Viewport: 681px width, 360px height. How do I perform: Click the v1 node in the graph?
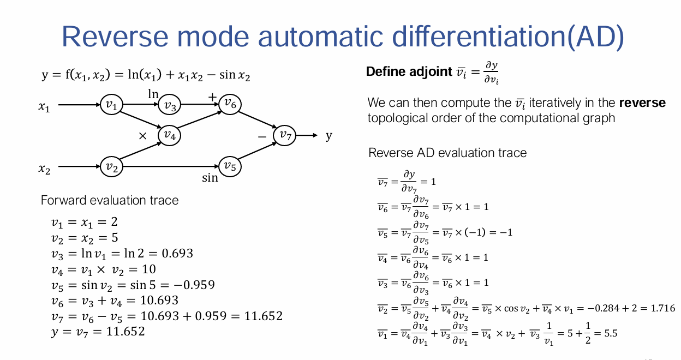(111, 105)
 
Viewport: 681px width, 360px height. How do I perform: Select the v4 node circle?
(169, 135)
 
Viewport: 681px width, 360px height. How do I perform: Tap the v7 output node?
(284, 135)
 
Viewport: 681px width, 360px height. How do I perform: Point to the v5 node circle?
(230, 166)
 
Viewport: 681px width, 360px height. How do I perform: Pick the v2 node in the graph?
(111, 166)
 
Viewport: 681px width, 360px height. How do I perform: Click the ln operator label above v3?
(153, 94)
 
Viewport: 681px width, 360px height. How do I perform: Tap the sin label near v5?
(210, 178)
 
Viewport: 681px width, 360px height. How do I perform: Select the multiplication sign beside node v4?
(142, 136)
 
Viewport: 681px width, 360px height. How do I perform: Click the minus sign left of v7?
(262, 137)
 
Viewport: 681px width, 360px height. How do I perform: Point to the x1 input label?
(44, 107)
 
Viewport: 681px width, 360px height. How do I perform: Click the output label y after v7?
(328, 136)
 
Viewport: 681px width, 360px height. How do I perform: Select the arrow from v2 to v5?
(171, 166)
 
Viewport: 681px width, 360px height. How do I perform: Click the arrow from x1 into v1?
(79, 105)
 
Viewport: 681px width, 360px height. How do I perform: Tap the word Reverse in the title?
(115, 37)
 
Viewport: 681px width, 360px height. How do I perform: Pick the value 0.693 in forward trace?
(177, 254)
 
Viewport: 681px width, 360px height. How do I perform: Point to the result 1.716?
(663, 308)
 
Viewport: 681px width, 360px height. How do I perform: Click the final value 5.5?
(611, 334)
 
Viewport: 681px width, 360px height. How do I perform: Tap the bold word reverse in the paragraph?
(642, 103)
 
